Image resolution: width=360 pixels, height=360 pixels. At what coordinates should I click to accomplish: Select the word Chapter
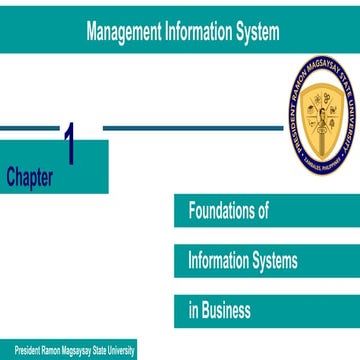(x=30, y=176)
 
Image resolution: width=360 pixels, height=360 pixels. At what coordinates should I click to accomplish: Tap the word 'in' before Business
(x=193, y=309)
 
